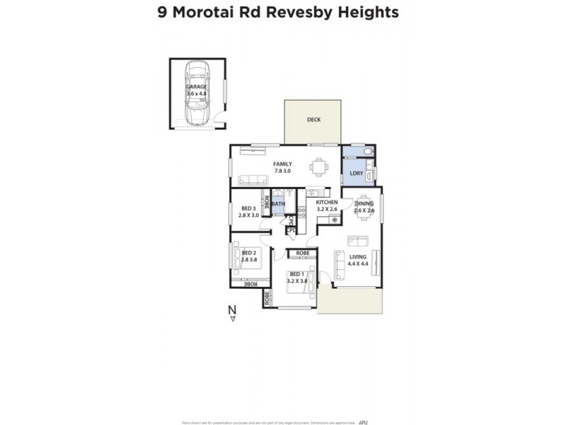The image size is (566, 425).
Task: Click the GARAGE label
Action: tap(197, 86)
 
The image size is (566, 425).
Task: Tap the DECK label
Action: tap(313, 120)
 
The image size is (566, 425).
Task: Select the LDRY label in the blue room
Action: tap(356, 173)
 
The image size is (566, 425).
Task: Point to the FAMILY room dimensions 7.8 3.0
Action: tap(282, 171)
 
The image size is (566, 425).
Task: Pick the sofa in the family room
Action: tap(252, 180)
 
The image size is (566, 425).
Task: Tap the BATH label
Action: tap(278, 204)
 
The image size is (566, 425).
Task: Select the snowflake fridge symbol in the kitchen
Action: tap(335, 221)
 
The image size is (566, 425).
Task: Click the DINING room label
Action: tap(364, 203)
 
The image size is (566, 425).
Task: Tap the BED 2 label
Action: tap(248, 253)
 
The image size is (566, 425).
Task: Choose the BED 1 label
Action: tap(297, 274)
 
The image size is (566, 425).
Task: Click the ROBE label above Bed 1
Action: tap(303, 253)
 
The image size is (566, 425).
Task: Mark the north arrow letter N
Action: tap(231, 309)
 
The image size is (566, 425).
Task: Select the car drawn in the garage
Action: tap(196, 92)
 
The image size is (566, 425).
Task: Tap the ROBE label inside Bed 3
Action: tap(267, 204)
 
